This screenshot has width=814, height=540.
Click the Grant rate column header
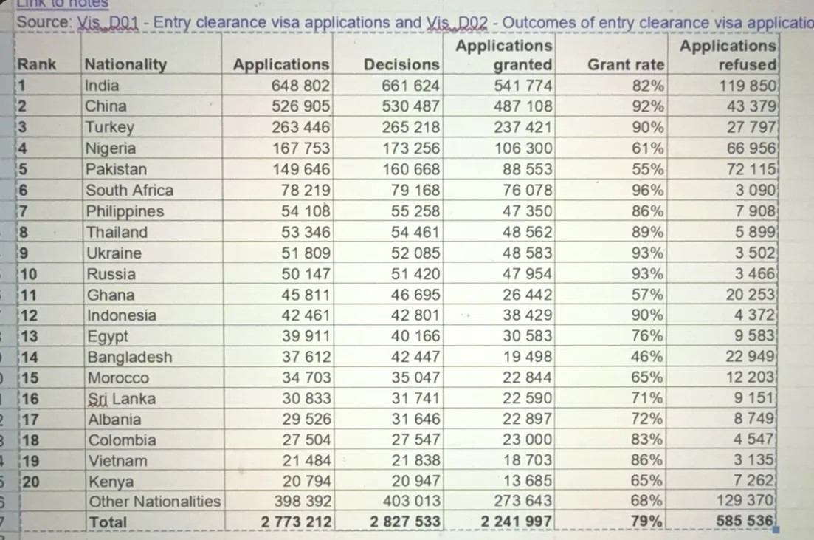click(x=626, y=64)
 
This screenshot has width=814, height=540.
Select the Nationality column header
click(x=125, y=64)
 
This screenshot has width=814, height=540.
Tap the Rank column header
click(x=36, y=64)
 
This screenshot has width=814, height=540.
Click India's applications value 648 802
click(x=300, y=85)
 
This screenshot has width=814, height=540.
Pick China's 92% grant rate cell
click(x=648, y=106)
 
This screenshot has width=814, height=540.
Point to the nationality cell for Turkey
click(x=109, y=127)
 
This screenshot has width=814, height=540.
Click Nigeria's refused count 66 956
click(x=751, y=148)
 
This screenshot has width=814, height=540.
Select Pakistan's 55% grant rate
click(x=647, y=169)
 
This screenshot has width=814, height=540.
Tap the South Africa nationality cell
click(x=129, y=191)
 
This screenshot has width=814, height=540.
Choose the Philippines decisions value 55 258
click(x=415, y=211)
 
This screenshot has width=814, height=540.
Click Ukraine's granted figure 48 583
click(x=527, y=253)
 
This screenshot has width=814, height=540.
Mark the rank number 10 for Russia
click(x=28, y=274)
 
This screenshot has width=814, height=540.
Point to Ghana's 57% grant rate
click(x=646, y=295)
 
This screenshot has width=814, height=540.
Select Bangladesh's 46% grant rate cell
click(x=646, y=357)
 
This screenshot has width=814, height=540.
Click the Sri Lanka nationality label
click(x=122, y=399)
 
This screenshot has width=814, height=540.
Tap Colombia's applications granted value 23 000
click(x=527, y=440)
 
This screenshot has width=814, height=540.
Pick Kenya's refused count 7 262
click(x=753, y=480)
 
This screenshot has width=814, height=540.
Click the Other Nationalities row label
click(x=155, y=502)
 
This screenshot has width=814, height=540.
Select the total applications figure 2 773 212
click(x=296, y=522)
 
